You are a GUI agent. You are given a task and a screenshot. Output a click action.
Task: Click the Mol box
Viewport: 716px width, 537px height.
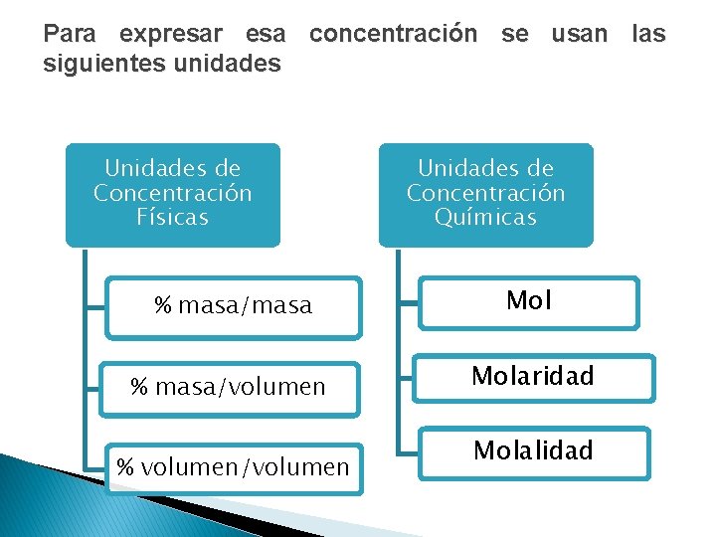[528, 302]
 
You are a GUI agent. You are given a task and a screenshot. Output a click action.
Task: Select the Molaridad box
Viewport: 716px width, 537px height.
[532, 377]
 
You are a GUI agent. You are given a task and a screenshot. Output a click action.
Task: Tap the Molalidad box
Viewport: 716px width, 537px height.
[533, 451]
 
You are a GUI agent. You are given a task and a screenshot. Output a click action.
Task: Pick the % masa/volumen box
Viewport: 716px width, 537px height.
[229, 386]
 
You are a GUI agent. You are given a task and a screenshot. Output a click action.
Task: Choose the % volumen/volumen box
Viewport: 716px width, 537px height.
[234, 466]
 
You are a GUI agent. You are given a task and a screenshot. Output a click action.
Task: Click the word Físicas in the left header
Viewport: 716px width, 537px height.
[173, 217]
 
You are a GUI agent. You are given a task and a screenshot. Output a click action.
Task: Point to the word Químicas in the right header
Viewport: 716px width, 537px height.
[485, 217]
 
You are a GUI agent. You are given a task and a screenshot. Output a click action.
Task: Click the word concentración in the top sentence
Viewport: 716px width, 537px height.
[394, 34]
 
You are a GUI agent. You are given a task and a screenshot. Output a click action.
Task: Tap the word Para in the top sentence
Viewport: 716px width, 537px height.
[70, 34]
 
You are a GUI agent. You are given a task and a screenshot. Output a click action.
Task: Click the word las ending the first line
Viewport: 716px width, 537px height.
[648, 34]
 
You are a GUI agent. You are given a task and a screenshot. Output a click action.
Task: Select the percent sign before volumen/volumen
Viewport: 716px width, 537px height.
[125, 466]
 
